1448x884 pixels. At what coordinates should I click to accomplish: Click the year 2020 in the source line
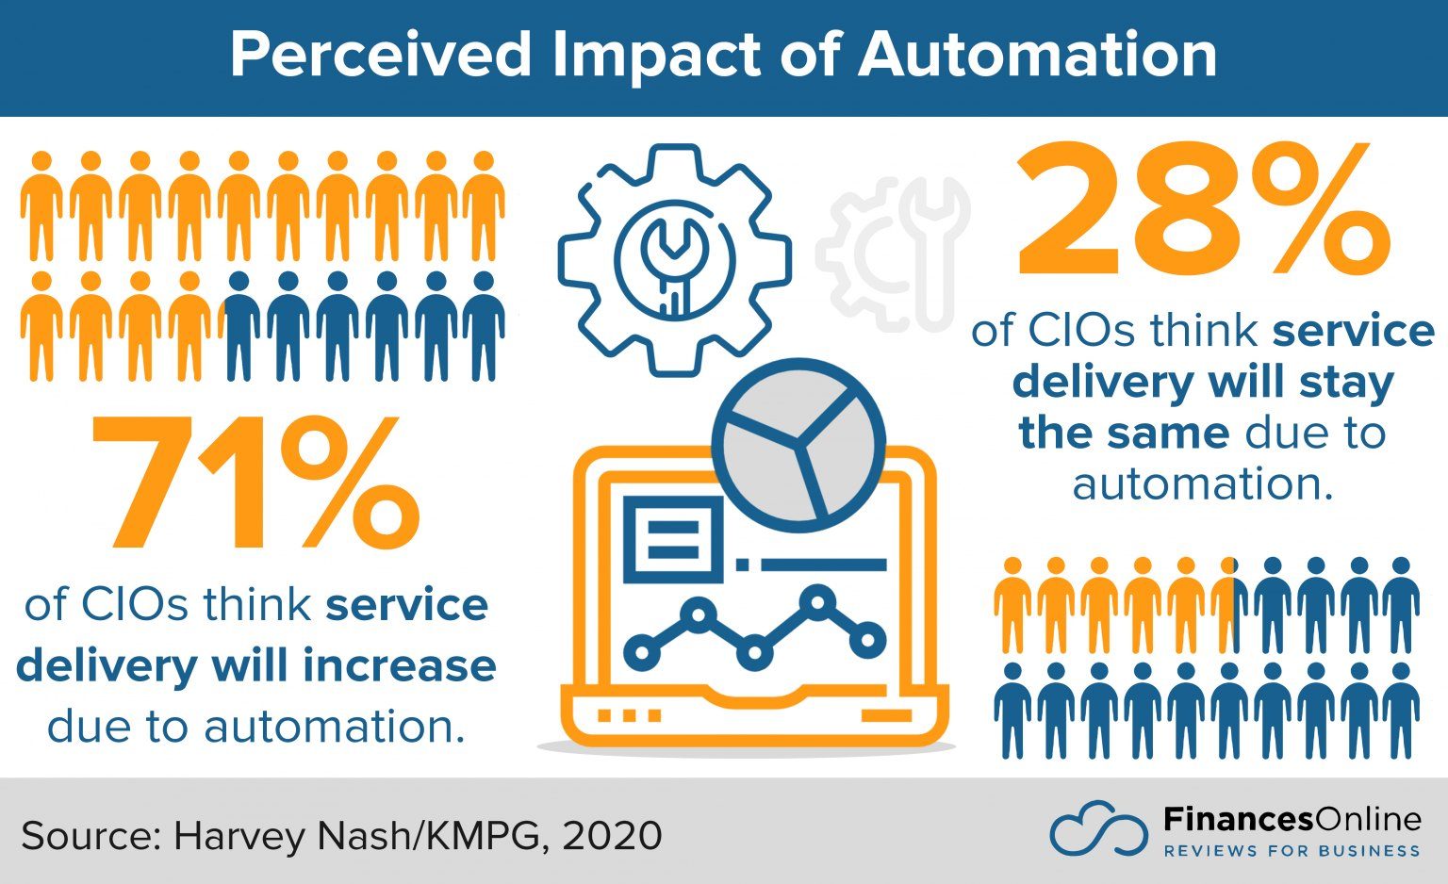612,836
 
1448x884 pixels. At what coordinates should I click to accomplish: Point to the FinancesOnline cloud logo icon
1098,830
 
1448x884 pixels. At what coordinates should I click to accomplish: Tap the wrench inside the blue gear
674,259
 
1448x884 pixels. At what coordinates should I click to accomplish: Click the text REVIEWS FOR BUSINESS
1292,851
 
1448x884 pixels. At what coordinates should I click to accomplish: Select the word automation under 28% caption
1203,484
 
